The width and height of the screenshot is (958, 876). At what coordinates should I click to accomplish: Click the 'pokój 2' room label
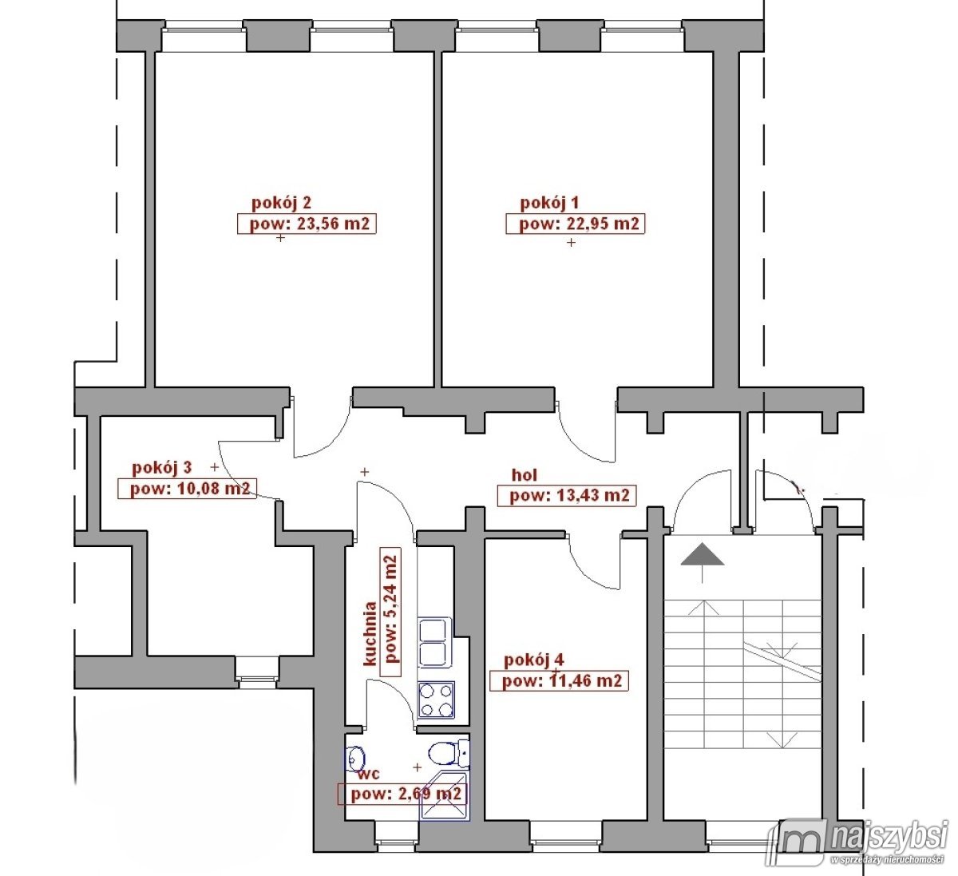click(x=281, y=203)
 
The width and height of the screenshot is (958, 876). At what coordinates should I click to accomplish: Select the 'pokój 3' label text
click(x=161, y=467)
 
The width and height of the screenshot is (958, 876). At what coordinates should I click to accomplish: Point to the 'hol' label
click(x=525, y=475)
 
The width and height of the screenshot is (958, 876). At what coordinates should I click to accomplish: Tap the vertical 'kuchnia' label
click(x=370, y=634)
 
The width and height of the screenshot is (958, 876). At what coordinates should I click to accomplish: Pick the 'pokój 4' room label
click(x=534, y=660)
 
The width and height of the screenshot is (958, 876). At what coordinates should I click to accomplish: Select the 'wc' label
click(x=368, y=775)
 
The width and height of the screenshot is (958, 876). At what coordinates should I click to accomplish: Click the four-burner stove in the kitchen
click(x=436, y=700)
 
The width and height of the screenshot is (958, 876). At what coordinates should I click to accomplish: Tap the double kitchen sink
click(x=434, y=642)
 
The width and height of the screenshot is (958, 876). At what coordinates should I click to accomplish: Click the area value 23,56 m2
click(x=333, y=224)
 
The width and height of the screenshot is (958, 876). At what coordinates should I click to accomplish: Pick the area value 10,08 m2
click(x=213, y=489)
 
